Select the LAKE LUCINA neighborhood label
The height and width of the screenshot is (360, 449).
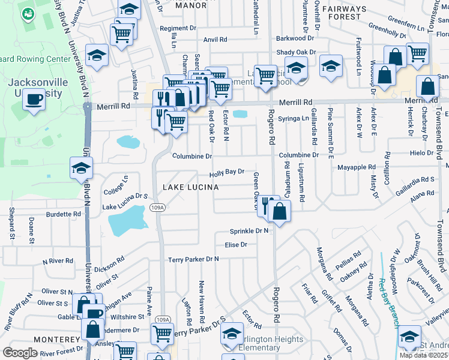[x=190, y=188]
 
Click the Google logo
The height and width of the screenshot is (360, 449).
[x=20, y=353]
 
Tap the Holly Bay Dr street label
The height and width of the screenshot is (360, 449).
[x=227, y=172]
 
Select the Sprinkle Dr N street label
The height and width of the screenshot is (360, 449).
[x=249, y=231]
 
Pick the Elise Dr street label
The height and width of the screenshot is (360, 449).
[x=236, y=245]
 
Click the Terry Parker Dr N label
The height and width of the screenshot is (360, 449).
[x=193, y=259]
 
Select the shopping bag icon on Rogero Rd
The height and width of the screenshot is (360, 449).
[x=280, y=211]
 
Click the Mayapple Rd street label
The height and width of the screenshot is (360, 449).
[x=356, y=167]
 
